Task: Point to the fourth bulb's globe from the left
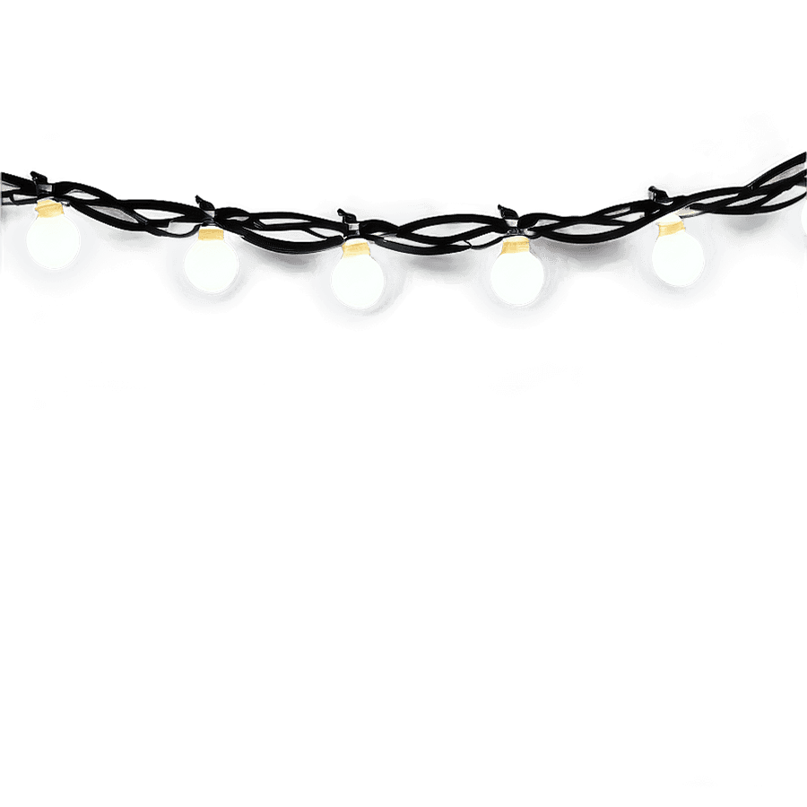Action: pos(516,275)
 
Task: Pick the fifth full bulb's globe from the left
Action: pos(678,257)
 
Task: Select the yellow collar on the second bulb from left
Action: pos(211,234)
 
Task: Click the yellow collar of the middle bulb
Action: pos(356,248)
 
